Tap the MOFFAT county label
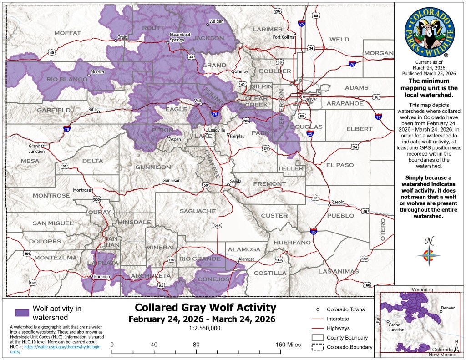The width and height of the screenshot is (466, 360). tap(67, 33)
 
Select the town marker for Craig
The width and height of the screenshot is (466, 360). tap(116, 41)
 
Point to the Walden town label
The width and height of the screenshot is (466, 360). tap(217, 21)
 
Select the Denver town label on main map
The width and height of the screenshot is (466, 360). tap(310, 100)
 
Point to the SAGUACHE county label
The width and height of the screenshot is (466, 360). tap(197, 211)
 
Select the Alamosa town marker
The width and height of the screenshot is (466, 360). tap(238, 262)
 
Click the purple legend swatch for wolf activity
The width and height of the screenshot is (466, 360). tap(22, 313)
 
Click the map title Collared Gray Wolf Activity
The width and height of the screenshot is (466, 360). tap(202, 308)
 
